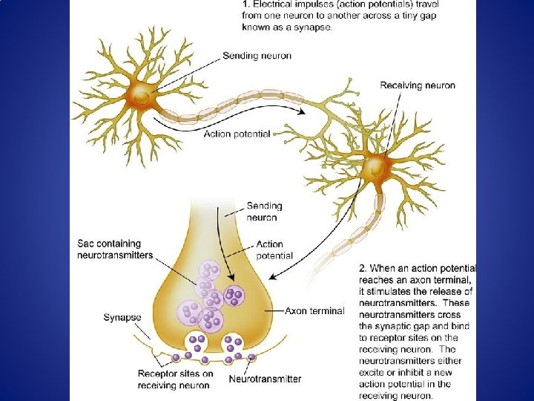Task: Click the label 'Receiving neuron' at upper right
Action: (x=418, y=85)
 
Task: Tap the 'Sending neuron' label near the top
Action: (x=257, y=56)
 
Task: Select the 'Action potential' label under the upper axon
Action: (x=238, y=134)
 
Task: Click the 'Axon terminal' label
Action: (x=314, y=311)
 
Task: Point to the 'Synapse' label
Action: (x=122, y=317)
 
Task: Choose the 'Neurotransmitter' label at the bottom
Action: (x=265, y=379)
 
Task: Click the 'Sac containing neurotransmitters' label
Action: (x=115, y=250)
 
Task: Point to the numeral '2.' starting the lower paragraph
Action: (x=363, y=268)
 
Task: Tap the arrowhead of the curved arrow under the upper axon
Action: (x=302, y=111)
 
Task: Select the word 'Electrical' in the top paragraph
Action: (x=274, y=4)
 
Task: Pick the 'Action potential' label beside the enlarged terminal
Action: (x=274, y=250)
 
